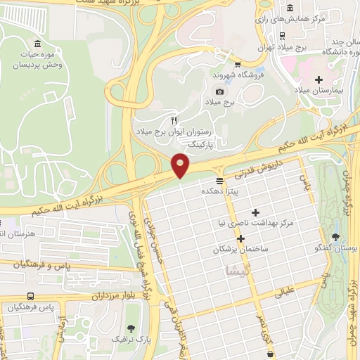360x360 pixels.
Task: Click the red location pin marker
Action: (181, 166)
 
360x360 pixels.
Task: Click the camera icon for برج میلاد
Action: (219, 92)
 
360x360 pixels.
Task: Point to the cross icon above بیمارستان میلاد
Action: (320, 80)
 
